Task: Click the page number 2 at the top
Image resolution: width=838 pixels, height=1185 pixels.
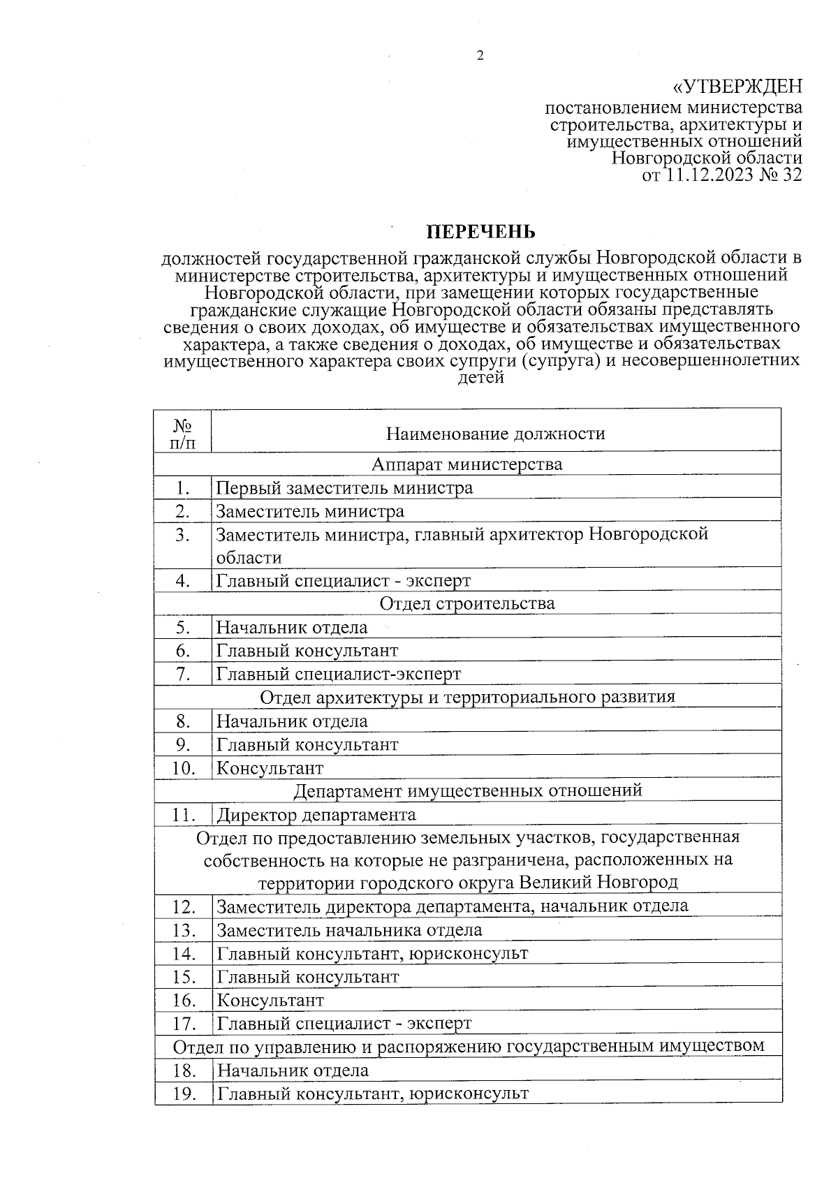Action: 480,57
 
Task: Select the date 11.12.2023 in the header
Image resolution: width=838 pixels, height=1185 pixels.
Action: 710,175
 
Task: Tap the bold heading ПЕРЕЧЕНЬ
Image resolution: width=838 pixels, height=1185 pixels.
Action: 481,232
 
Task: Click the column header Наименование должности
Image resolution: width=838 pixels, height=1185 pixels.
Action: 495,434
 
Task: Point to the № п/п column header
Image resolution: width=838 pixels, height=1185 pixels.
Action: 182,434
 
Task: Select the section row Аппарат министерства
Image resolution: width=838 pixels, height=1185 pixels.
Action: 466,464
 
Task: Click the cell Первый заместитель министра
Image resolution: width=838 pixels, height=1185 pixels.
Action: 344,487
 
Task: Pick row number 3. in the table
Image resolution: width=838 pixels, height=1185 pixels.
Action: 182,535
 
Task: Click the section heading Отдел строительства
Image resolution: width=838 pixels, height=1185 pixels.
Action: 466,603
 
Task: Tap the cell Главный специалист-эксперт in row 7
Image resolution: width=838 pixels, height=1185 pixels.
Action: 339,674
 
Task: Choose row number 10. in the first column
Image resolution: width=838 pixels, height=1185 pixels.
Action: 182,768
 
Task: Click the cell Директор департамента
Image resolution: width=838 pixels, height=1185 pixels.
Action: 316,814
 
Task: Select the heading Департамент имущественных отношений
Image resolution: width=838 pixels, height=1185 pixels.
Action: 466,790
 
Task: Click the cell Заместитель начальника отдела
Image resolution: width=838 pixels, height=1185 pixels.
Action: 349,930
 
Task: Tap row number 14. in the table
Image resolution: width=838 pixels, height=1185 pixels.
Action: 183,953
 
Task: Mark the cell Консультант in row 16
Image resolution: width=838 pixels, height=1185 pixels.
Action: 271,1000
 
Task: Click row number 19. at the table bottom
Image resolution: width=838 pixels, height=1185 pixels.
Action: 183,1094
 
